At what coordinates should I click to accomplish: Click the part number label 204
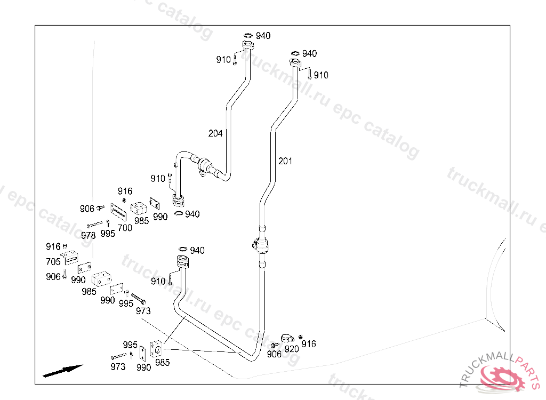click(x=215, y=133)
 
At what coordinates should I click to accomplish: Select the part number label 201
click(x=285, y=161)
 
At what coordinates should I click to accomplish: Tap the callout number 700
click(x=125, y=228)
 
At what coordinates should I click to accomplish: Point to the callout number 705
click(x=53, y=261)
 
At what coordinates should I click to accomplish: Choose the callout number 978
click(x=89, y=235)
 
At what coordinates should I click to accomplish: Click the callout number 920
click(x=292, y=349)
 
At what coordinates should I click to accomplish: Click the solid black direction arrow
click(x=63, y=370)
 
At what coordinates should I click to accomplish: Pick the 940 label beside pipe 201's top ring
click(x=309, y=53)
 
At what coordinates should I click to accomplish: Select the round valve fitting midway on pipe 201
click(x=260, y=245)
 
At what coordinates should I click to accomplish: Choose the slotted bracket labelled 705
click(x=71, y=258)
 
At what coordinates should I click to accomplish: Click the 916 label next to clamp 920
click(x=309, y=344)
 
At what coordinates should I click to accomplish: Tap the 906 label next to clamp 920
click(x=274, y=354)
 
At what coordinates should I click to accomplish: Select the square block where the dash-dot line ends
click(x=156, y=349)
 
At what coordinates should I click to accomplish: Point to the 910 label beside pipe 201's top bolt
click(x=321, y=75)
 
